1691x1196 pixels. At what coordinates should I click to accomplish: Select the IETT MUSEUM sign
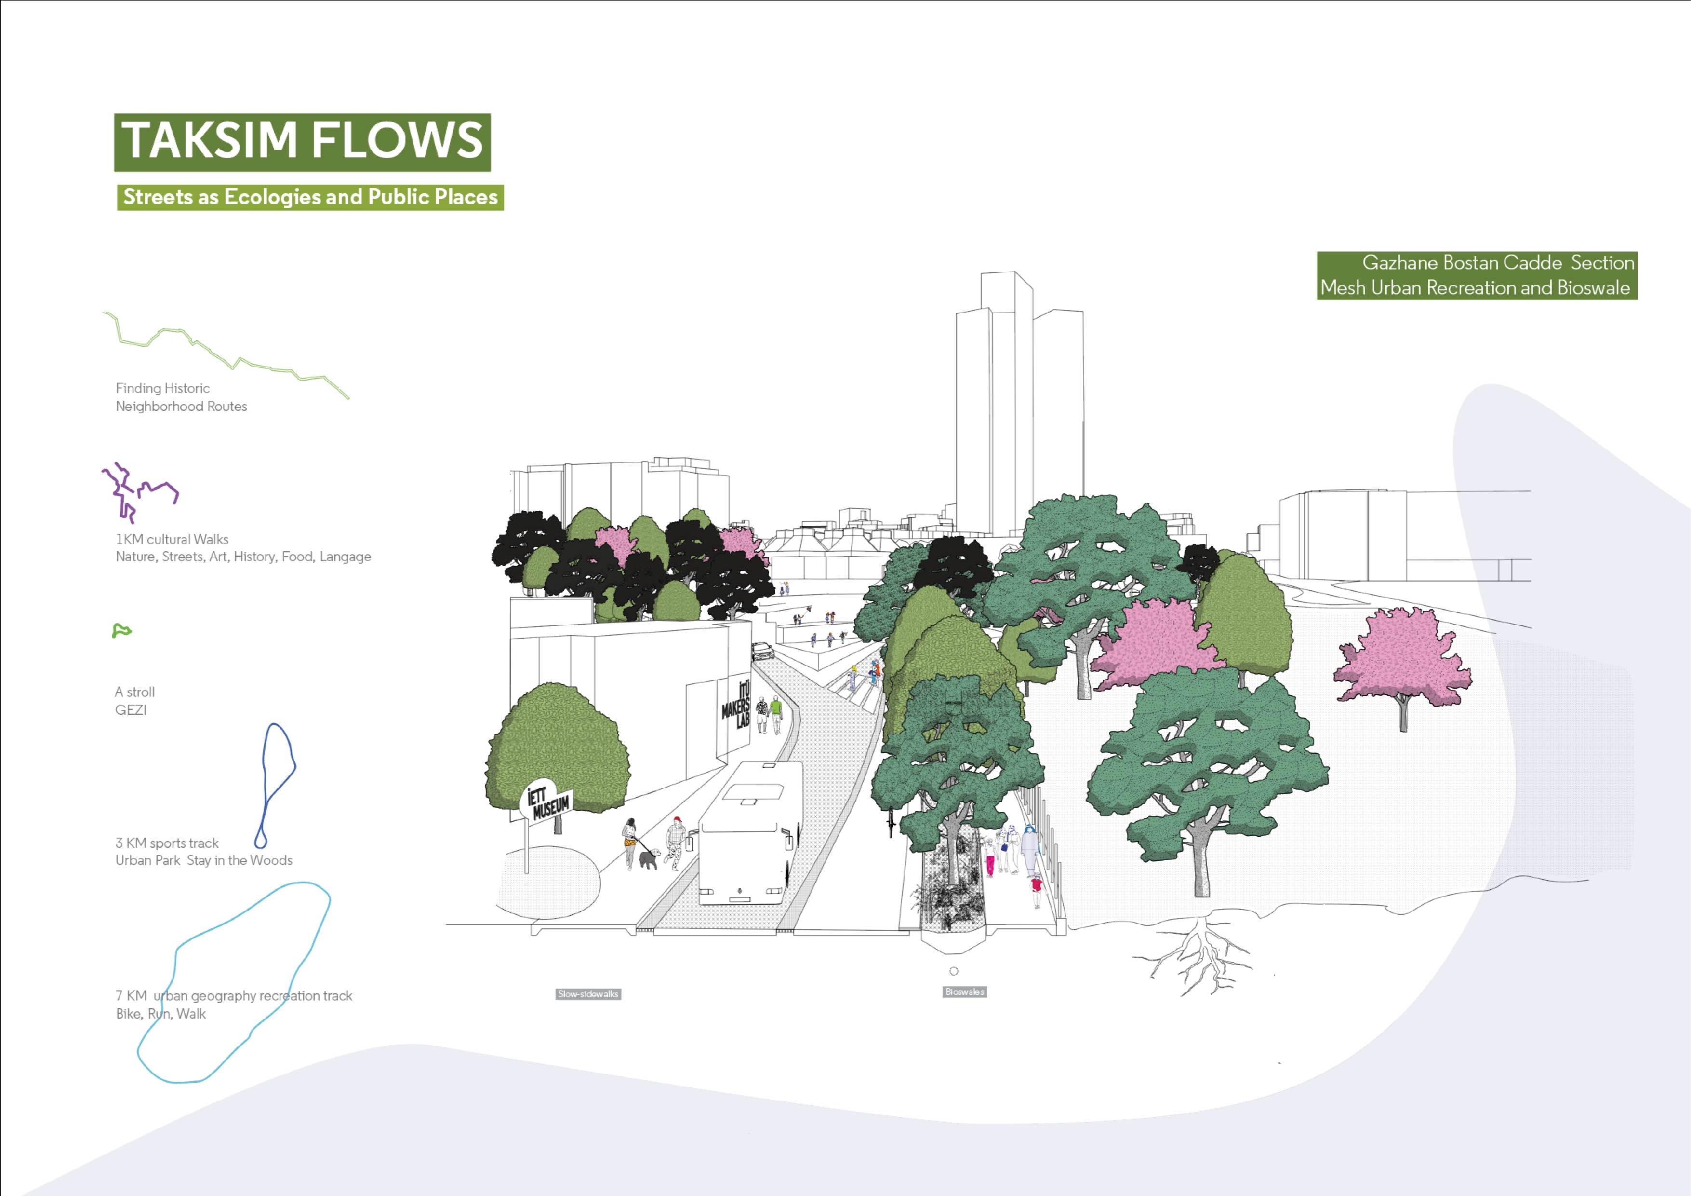click(x=549, y=803)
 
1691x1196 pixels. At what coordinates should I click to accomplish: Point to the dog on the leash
click(x=649, y=858)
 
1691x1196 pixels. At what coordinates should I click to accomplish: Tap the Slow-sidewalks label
click(x=588, y=994)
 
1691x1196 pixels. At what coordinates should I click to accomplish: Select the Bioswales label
click(x=964, y=992)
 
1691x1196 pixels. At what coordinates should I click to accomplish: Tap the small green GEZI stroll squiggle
click(x=121, y=631)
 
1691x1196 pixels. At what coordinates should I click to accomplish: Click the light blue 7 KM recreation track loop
click(x=236, y=980)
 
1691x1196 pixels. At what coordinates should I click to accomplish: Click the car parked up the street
click(x=762, y=651)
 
